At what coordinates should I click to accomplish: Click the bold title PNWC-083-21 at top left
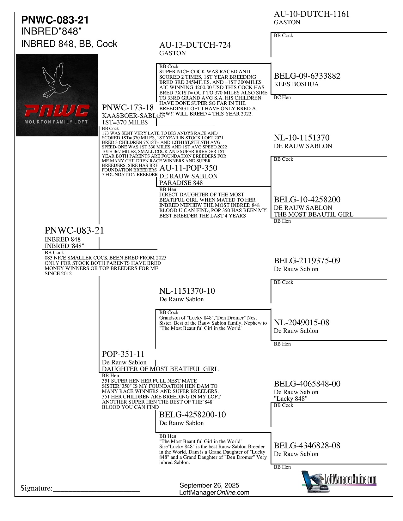(x=55, y=20)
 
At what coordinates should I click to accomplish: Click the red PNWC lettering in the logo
(x=57, y=111)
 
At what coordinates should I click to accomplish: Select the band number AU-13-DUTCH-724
(x=195, y=45)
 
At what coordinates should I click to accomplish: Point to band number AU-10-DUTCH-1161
(x=311, y=14)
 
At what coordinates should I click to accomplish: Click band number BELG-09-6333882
(x=307, y=76)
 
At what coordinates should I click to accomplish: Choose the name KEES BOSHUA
(x=296, y=84)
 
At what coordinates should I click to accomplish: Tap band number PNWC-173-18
(x=128, y=108)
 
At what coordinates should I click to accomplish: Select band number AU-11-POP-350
(x=188, y=168)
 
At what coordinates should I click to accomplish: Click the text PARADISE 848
(x=181, y=183)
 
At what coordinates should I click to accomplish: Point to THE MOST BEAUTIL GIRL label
(x=314, y=214)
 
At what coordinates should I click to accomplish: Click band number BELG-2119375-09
(x=307, y=261)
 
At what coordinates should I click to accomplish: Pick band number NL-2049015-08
(x=302, y=323)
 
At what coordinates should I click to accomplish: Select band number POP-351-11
(x=123, y=354)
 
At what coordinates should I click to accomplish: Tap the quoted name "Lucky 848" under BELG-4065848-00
(x=290, y=399)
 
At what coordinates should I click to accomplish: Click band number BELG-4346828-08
(x=307, y=446)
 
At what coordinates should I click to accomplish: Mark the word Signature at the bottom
(x=36, y=488)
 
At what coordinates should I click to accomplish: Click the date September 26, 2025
(x=209, y=485)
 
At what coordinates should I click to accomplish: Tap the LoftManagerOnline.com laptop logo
(x=339, y=482)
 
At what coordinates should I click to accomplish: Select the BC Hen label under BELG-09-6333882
(x=282, y=98)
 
